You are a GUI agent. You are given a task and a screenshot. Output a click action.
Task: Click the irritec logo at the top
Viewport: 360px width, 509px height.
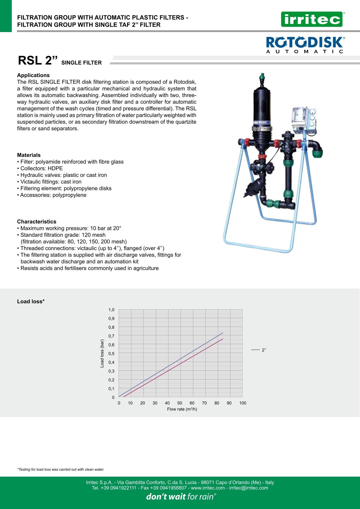click(x=312, y=20)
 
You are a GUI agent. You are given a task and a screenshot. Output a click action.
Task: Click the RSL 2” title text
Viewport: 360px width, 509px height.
click(x=38, y=60)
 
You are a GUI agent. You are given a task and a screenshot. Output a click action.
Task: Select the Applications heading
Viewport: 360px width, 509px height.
click(x=33, y=75)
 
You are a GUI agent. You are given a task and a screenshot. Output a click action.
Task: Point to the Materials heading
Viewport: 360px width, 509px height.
click(x=29, y=155)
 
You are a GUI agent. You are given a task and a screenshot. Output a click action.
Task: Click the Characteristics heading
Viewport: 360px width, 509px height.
click(x=37, y=222)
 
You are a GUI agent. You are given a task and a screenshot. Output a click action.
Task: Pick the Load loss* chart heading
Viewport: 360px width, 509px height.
click(x=31, y=302)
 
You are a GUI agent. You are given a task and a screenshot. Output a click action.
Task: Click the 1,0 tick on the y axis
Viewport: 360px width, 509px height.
click(x=112, y=310)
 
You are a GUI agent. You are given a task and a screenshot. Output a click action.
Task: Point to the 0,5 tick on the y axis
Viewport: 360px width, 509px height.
click(x=112, y=354)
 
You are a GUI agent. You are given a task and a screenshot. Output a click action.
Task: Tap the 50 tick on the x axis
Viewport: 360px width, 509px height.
click(x=180, y=403)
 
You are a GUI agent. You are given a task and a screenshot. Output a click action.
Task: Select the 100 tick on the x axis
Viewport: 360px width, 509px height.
click(x=243, y=403)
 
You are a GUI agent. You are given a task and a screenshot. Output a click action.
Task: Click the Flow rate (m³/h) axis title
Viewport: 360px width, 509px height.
click(x=182, y=409)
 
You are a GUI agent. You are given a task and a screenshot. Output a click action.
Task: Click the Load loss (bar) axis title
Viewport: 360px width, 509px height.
click(x=102, y=354)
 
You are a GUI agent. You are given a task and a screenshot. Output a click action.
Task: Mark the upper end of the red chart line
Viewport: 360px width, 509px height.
click(x=223, y=339)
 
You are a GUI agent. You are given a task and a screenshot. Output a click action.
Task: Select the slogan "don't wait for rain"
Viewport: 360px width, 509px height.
click(x=181, y=497)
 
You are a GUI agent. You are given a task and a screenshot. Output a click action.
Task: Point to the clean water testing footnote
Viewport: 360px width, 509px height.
click(x=61, y=470)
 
